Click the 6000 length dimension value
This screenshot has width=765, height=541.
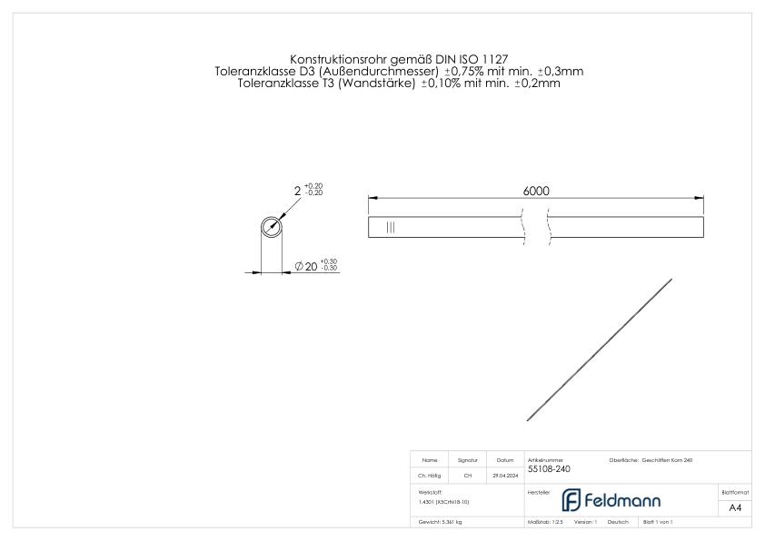pyautogui.click(x=536, y=191)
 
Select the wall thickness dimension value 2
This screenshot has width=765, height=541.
pyautogui.click(x=297, y=191)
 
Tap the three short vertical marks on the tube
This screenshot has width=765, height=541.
pyautogui.click(x=391, y=227)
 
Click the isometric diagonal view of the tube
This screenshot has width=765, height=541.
pyautogui.click(x=600, y=349)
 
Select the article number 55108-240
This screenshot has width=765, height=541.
pyautogui.click(x=549, y=469)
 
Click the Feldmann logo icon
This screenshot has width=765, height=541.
pyautogui.click(x=571, y=500)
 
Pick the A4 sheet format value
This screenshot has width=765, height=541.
pyautogui.click(x=735, y=508)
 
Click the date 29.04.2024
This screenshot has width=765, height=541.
pyautogui.click(x=504, y=475)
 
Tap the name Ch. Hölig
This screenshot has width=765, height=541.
pyautogui.click(x=430, y=475)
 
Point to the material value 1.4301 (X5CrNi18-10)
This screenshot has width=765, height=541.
pyautogui.click(x=444, y=501)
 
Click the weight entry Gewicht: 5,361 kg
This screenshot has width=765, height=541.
pyautogui.click(x=440, y=523)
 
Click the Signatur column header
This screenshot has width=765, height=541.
pyautogui.click(x=468, y=460)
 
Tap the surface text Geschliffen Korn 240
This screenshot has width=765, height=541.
pyautogui.click(x=668, y=460)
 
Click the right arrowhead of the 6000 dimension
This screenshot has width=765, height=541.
pyautogui.click(x=700, y=198)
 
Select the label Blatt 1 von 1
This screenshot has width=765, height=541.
pyautogui.click(x=657, y=523)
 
